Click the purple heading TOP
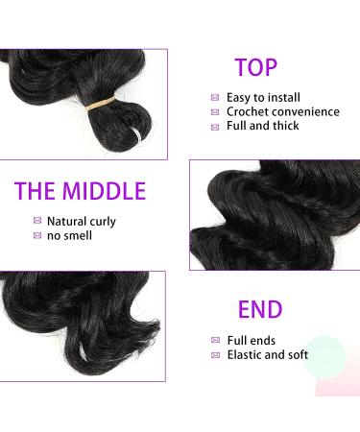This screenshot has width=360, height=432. tap(256, 68)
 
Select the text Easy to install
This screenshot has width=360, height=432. tap(263, 97)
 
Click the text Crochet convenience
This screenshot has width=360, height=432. tap(282, 112)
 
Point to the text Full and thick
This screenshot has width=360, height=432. tap(262, 127)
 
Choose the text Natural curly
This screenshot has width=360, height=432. tap(82, 221)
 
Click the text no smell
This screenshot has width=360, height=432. tap(71, 236)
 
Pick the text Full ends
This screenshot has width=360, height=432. tap(252, 340)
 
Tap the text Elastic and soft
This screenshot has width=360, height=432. tap(268, 355)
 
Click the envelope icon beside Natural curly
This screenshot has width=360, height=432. tap(36, 222)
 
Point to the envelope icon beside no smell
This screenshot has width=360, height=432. tap(36, 237)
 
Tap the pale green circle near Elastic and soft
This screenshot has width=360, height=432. tap(327, 355)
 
